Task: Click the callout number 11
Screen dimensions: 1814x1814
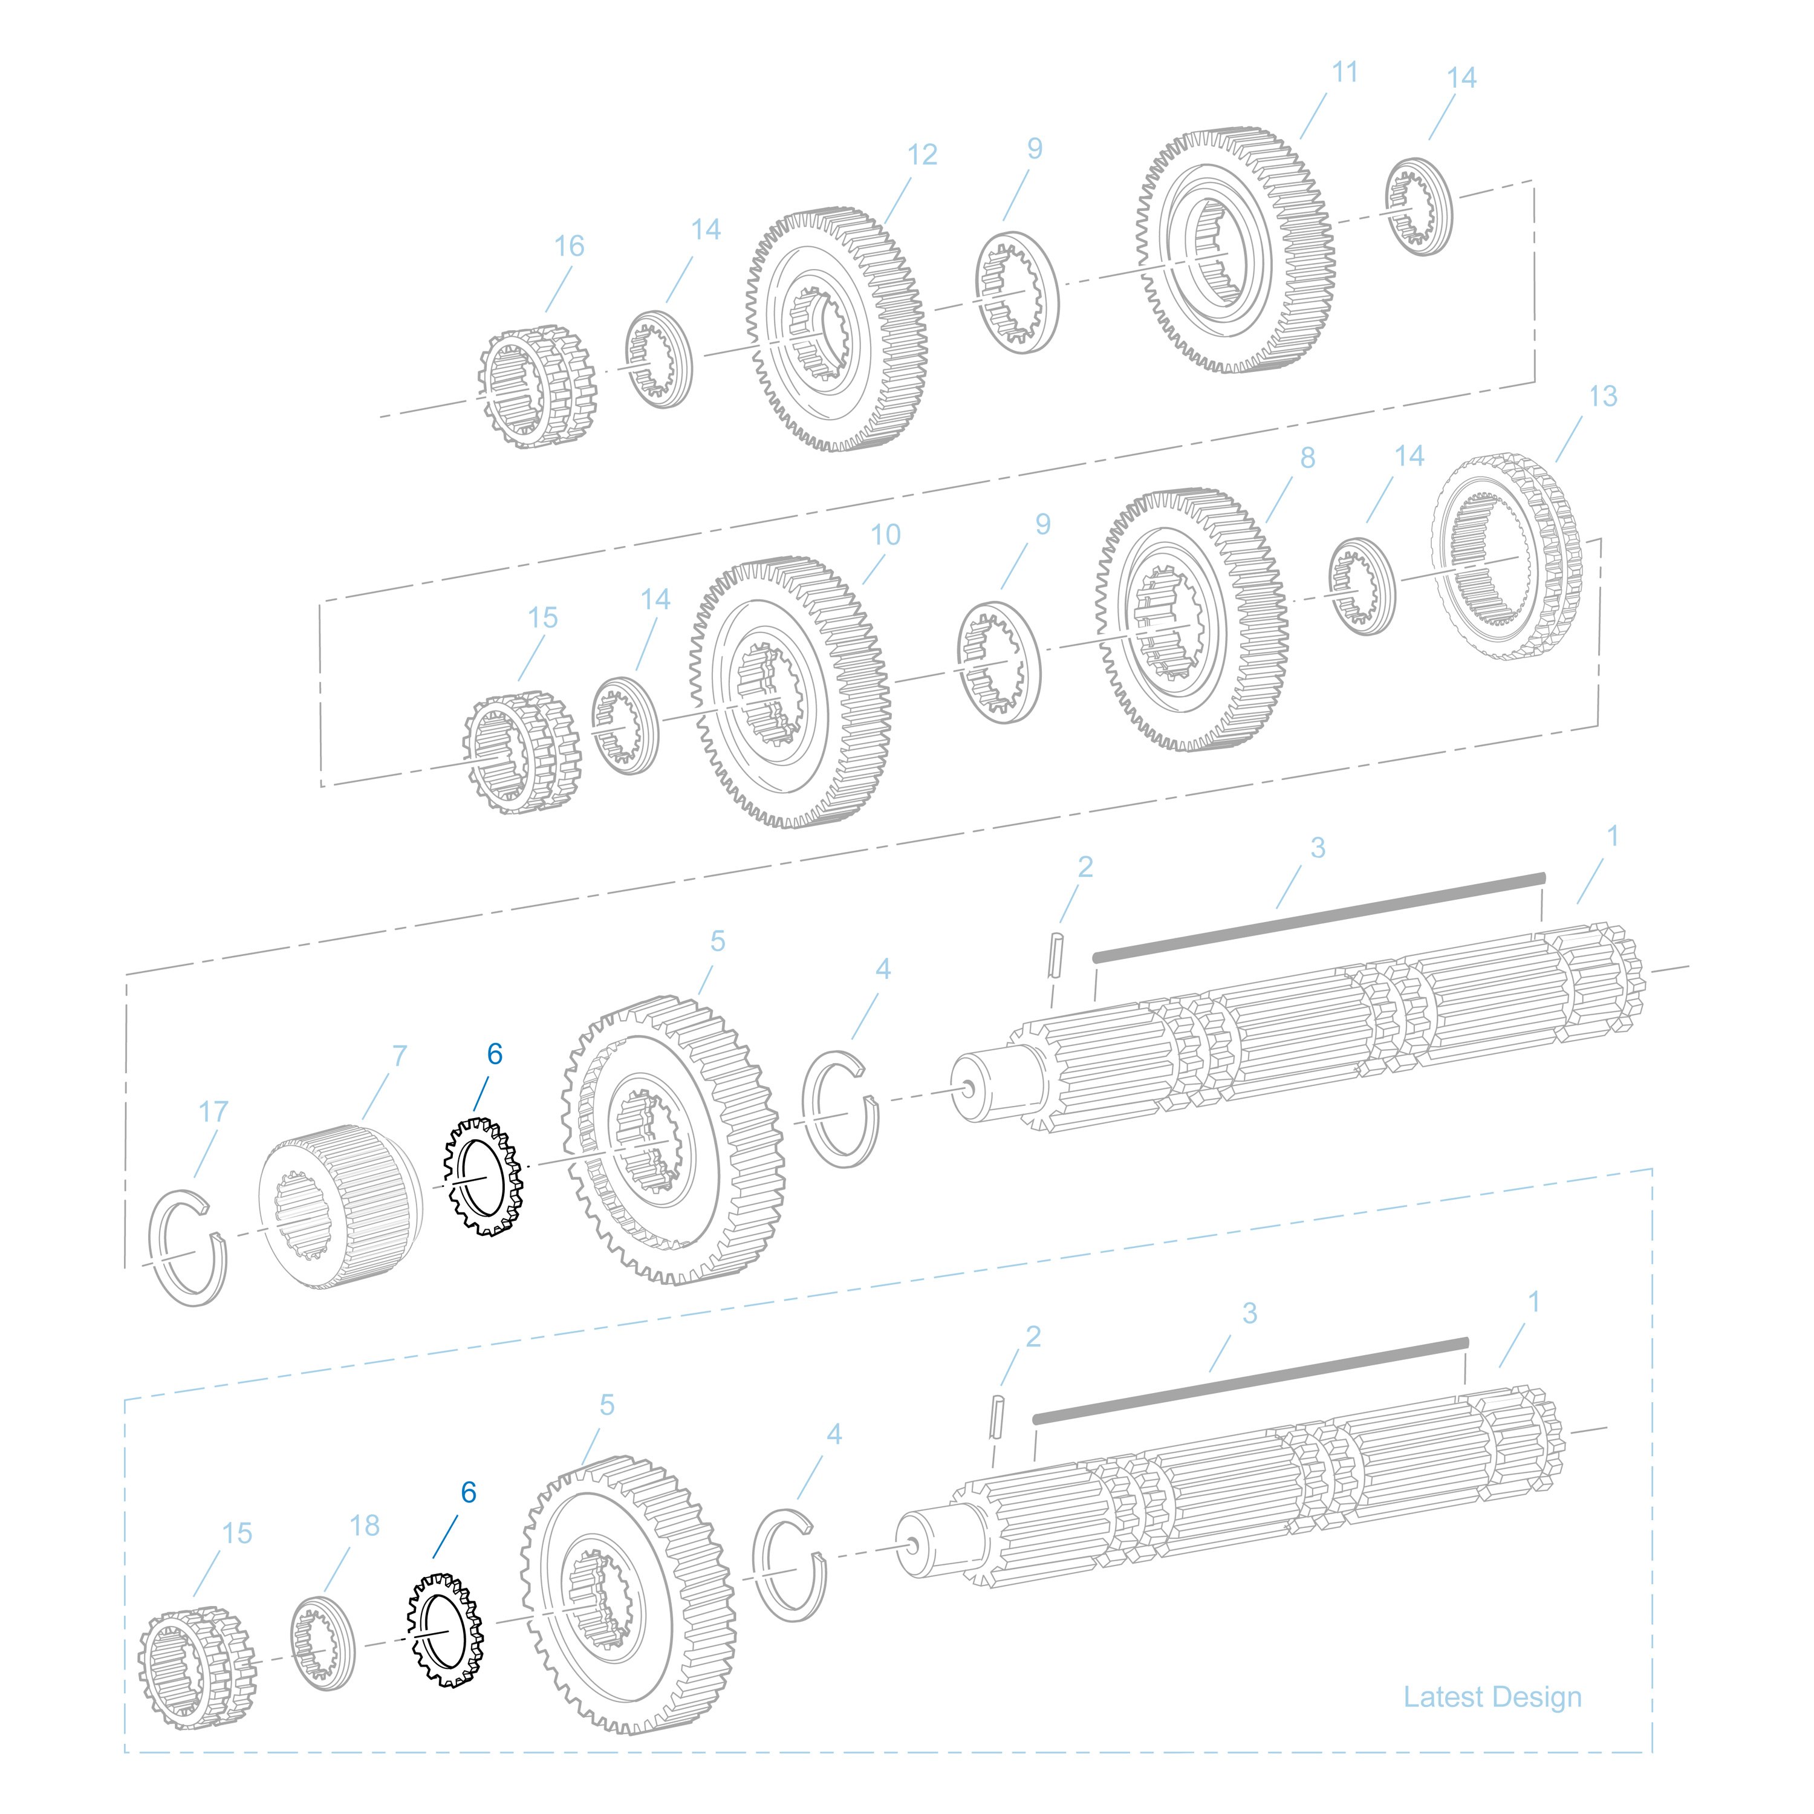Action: pyautogui.click(x=1345, y=73)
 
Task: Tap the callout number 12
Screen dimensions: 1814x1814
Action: pyautogui.click(x=922, y=155)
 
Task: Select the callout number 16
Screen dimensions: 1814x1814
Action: pyautogui.click(x=569, y=246)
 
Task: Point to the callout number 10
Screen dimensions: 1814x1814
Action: pyautogui.click(x=885, y=535)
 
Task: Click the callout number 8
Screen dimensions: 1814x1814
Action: pyautogui.click(x=1307, y=458)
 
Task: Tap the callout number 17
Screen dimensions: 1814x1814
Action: pyautogui.click(x=213, y=1112)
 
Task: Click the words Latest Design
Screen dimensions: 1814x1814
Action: pyautogui.click(x=1492, y=1697)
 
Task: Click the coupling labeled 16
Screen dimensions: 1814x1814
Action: pyautogui.click(x=537, y=387)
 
